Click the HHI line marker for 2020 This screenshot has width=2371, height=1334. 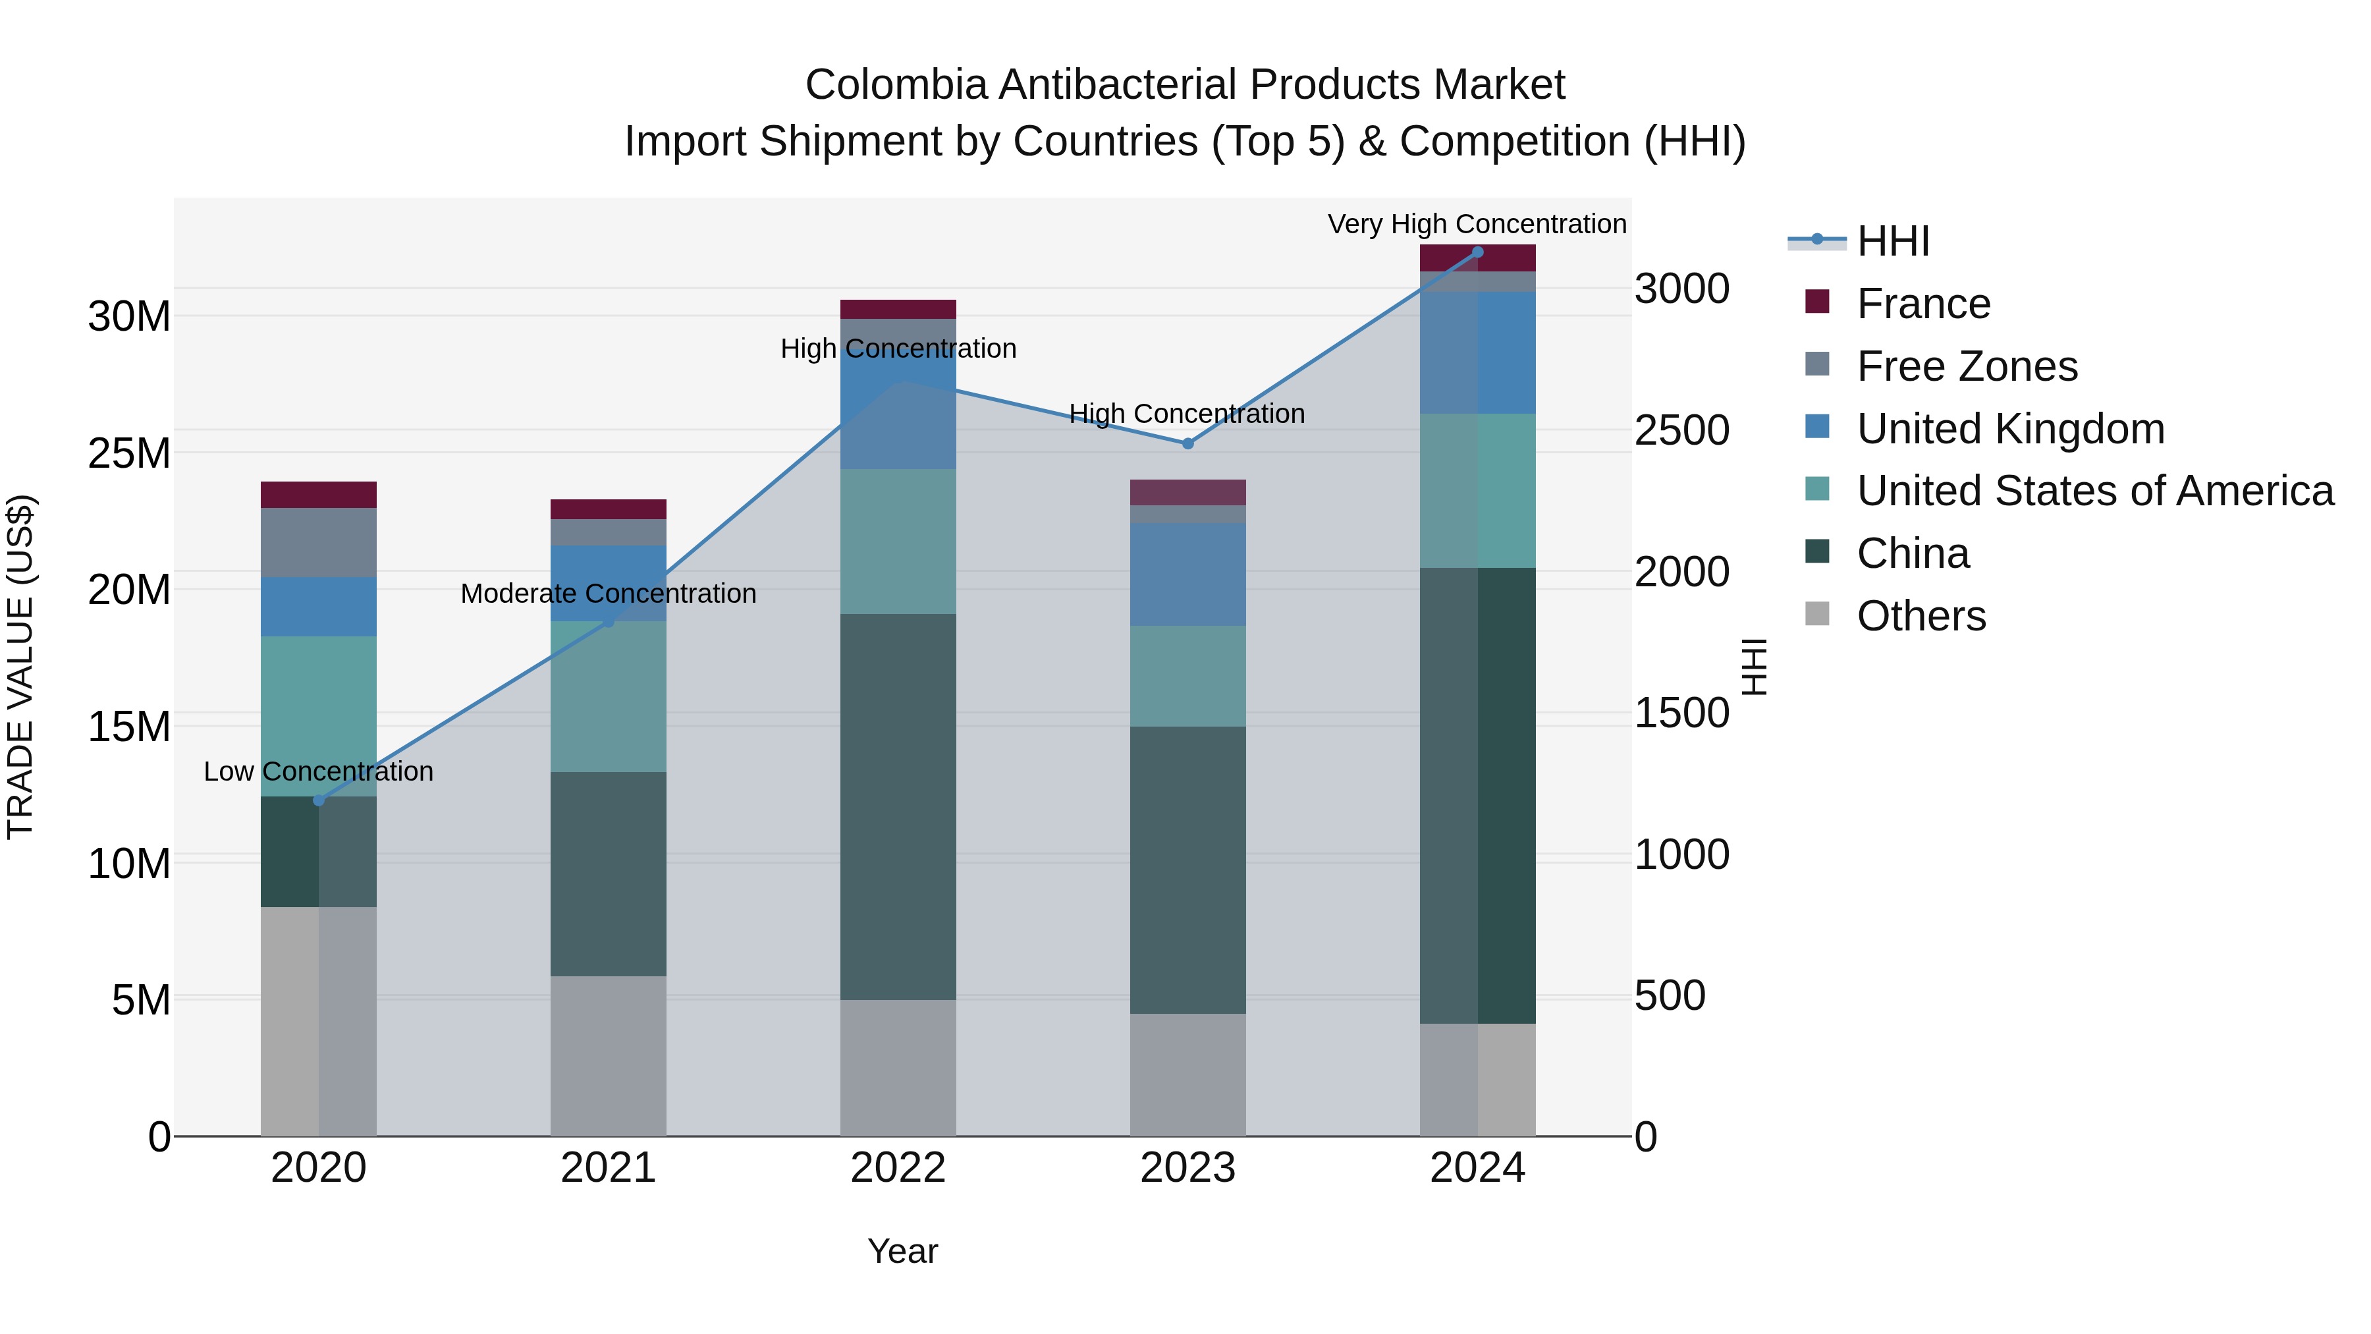pos(319,800)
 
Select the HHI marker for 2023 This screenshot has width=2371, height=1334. pos(1187,443)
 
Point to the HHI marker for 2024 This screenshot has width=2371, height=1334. pos(1477,252)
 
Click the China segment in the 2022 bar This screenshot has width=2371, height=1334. pos(898,806)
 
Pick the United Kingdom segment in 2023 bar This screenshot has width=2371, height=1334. pos(1187,574)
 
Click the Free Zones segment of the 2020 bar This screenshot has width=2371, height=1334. pos(319,542)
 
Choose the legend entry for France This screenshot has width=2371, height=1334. pos(1922,304)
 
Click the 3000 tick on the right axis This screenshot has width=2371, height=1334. pos(1681,289)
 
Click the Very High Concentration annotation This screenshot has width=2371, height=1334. pos(1477,224)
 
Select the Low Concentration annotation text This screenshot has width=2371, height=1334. pos(319,771)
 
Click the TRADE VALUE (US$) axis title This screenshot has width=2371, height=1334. pos(20,667)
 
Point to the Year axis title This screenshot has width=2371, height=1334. pos(902,1251)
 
